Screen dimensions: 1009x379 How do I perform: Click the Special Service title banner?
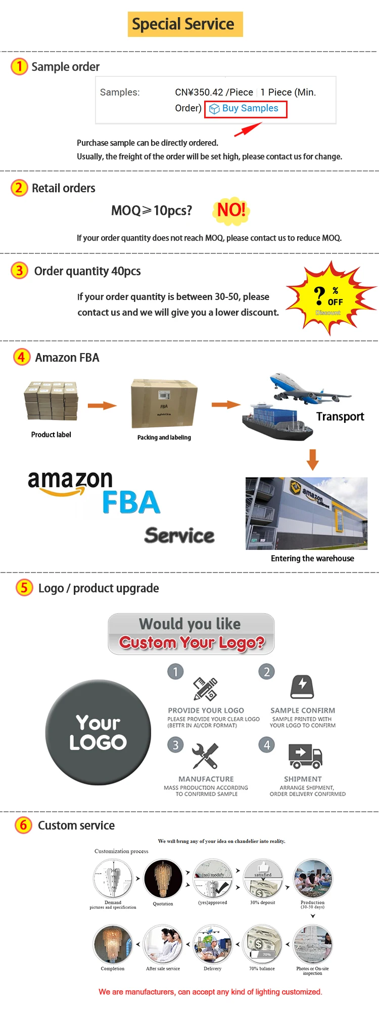tap(185, 24)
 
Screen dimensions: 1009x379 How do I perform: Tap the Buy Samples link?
tap(246, 109)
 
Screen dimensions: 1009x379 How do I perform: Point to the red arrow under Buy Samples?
tap(247, 129)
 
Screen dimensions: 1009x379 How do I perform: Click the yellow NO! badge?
tap(231, 210)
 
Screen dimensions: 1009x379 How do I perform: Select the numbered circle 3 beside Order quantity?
tap(19, 271)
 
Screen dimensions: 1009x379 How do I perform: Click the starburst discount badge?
tap(329, 298)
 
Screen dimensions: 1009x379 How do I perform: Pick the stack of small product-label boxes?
tap(51, 401)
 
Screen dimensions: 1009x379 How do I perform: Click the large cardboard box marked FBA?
tap(164, 404)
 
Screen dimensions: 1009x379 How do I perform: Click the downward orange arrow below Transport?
tap(313, 459)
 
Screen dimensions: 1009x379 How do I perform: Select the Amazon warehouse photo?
tap(306, 513)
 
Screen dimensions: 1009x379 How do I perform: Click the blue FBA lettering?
tap(131, 502)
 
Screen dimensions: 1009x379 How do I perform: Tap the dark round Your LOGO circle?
tap(98, 732)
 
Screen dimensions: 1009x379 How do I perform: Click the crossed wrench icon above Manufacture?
tap(205, 756)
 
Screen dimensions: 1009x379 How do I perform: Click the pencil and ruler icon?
tap(205, 688)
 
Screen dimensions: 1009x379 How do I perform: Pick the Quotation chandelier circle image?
tap(163, 879)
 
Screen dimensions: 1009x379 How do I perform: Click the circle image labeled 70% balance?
tap(262, 944)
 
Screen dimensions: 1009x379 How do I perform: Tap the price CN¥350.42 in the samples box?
tap(199, 93)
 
